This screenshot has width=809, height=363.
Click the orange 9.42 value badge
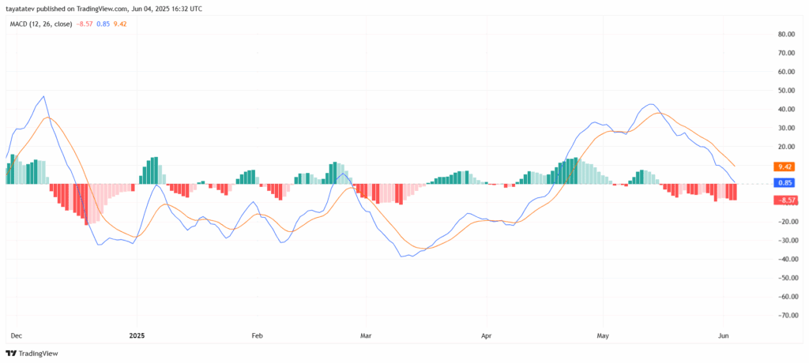(785, 167)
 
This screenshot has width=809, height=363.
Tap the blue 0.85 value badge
(785, 183)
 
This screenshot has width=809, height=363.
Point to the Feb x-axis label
(256, 335)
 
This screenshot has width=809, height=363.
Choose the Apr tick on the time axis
(487, 335)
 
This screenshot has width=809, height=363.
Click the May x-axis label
(604, 335)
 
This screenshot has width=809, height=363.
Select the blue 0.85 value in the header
(103, 24)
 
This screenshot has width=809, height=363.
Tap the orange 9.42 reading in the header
(120, 24)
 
